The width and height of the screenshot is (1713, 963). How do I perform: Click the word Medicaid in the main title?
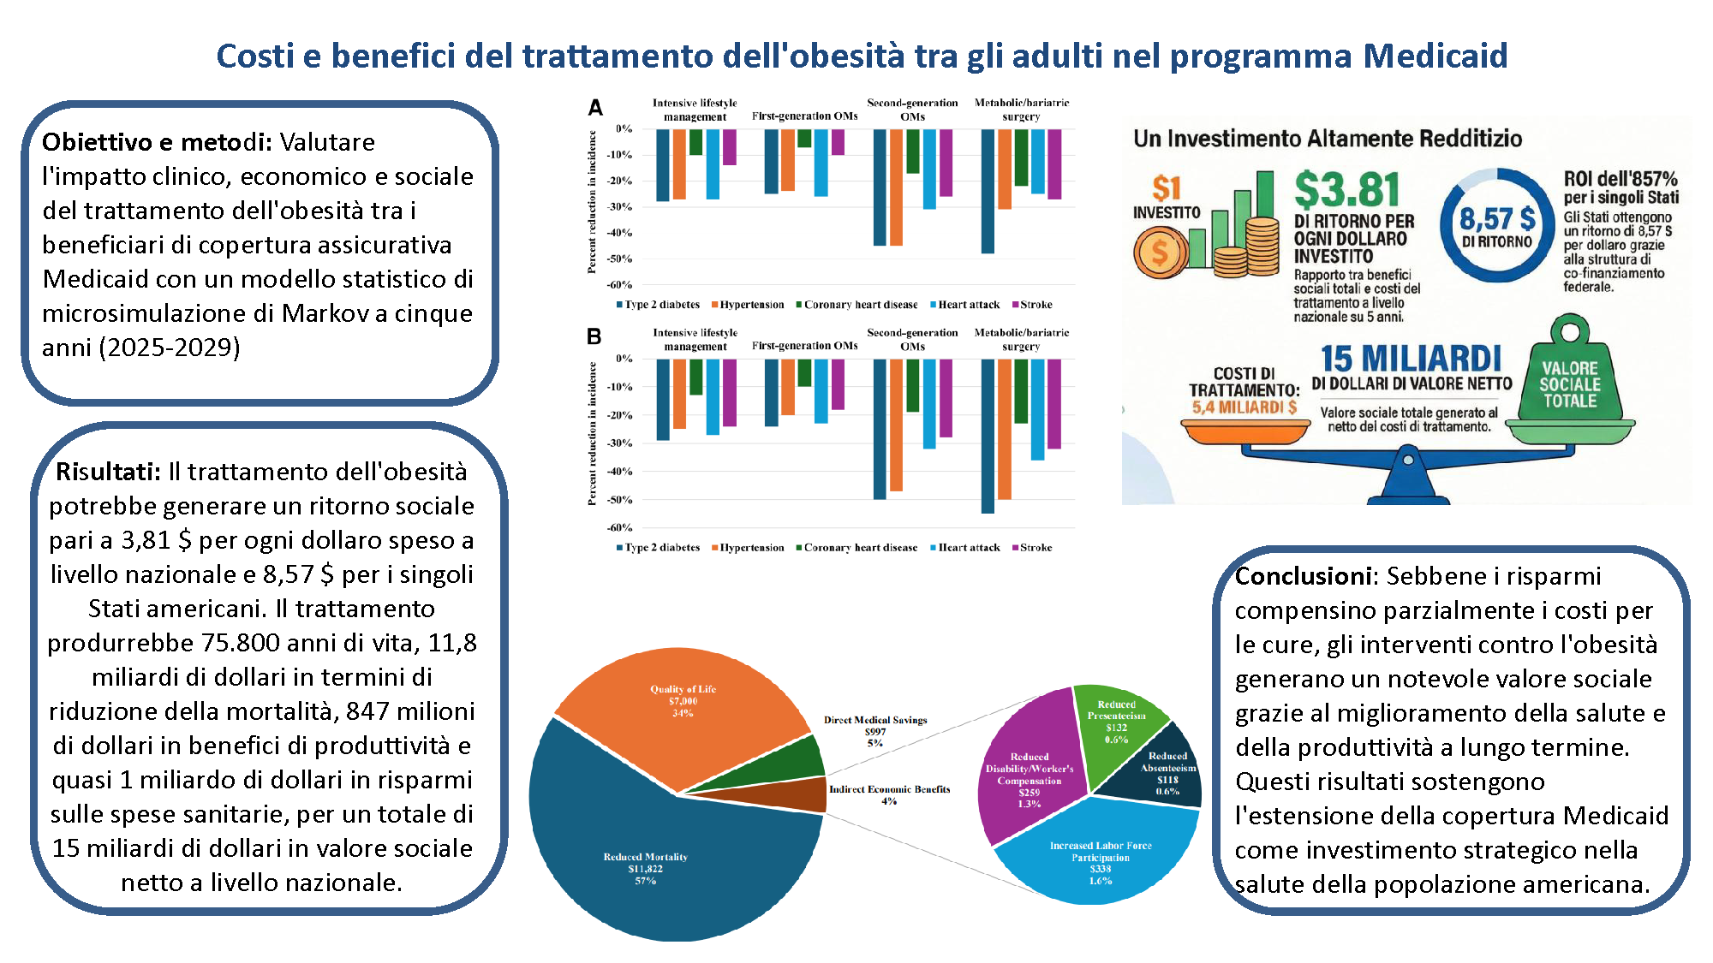tap(1435, 56)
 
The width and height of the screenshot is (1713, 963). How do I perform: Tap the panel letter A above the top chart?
tap(595, 108)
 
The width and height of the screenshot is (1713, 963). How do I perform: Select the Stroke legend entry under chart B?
tap(1032, 548)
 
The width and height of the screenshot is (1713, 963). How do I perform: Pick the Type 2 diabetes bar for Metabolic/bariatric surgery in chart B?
tap(988, 437)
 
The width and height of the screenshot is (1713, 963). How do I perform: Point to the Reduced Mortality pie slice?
tap(660, 856)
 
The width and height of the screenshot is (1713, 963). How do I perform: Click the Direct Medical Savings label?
tap(875, 720)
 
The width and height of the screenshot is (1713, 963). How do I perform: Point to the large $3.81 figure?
tap(1346, 190)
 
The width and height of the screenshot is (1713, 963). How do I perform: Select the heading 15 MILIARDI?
tap(1412, 358)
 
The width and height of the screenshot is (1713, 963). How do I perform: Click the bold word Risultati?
tap(108, 472)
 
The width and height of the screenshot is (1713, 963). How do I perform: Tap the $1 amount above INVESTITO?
tap(1167, 188)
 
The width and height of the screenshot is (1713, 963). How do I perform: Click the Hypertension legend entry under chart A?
tap(748, 305)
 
